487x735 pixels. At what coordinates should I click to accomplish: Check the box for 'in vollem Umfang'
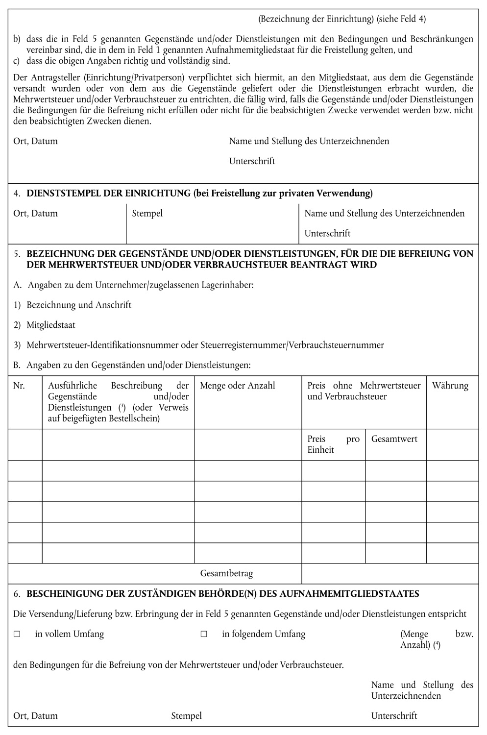(17, 634)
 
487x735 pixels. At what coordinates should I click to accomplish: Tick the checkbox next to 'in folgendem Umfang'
(204, 634)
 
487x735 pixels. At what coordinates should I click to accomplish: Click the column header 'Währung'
(450, 386)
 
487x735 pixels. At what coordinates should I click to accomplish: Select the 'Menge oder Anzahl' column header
(238, 386)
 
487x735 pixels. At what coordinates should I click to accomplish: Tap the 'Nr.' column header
(19, 386)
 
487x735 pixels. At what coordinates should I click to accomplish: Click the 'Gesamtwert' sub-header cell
(394, 439)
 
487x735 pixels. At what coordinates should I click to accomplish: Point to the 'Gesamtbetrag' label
(226, 573)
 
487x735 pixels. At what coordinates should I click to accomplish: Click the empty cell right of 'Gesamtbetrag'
(390, 573)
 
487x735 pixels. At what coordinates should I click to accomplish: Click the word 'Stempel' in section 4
(147, 213)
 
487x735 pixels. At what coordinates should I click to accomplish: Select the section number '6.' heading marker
(17, 594)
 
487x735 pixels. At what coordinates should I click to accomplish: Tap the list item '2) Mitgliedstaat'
(45, 325)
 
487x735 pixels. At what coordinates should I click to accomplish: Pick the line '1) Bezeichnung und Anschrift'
(73, 305)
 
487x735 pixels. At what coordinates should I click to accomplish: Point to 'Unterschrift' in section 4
(327, 233)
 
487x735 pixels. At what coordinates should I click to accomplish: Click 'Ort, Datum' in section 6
(35, 716)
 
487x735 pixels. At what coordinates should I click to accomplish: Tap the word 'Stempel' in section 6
(186, 716)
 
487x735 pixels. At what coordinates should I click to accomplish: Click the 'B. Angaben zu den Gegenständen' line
(132, 365)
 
